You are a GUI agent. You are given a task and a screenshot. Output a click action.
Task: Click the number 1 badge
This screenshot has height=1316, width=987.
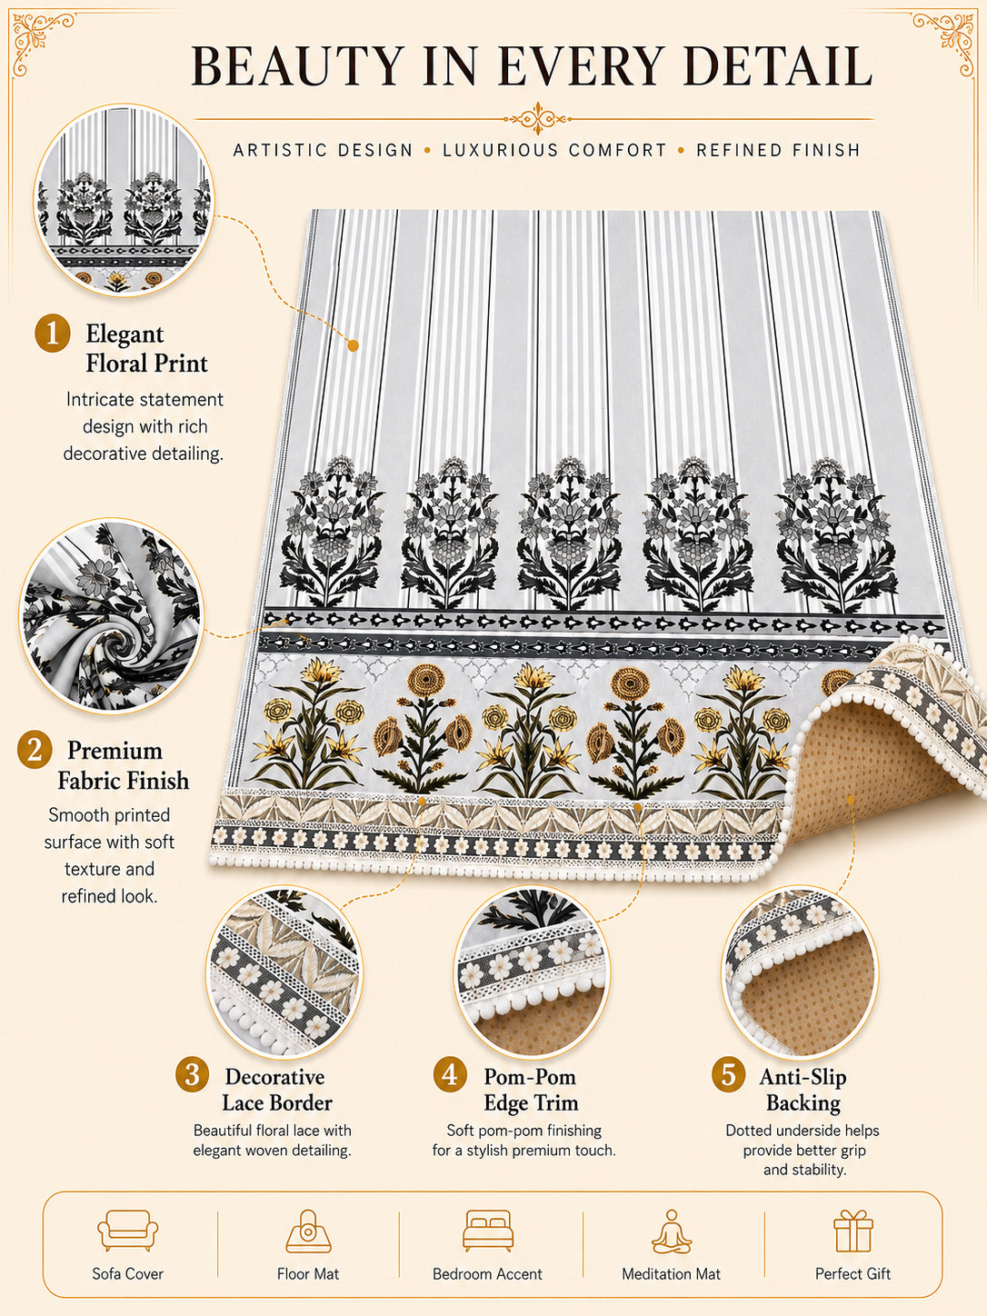52,333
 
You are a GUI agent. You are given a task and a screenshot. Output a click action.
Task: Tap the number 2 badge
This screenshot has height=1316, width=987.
35,750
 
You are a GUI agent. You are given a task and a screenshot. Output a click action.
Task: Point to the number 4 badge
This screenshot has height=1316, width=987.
450,1074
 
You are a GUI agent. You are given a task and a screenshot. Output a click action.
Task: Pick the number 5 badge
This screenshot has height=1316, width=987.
728,1074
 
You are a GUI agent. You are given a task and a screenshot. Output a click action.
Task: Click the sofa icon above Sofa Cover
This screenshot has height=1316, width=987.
127,1231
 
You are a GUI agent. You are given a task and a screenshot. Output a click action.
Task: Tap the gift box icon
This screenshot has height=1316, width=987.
853,1231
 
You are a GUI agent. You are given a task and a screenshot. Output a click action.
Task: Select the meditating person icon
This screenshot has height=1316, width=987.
672,1231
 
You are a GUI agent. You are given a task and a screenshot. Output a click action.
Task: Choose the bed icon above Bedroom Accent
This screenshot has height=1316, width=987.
488,1231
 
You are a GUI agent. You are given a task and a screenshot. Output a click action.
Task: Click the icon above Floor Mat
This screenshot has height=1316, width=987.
308,1231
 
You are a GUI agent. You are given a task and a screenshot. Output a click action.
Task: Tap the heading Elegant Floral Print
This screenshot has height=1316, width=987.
146,348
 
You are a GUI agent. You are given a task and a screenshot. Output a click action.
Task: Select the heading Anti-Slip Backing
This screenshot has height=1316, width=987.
803,1090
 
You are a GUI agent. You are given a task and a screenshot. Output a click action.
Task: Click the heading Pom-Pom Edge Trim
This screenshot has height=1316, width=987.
531,1090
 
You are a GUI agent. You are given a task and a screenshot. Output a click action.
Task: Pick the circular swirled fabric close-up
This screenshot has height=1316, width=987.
112,615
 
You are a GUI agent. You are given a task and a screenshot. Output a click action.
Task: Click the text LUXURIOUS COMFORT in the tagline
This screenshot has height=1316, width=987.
554,150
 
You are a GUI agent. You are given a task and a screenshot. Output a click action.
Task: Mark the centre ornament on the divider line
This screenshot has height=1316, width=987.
537,118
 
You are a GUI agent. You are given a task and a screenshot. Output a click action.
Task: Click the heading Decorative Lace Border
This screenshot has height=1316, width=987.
277,1090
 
